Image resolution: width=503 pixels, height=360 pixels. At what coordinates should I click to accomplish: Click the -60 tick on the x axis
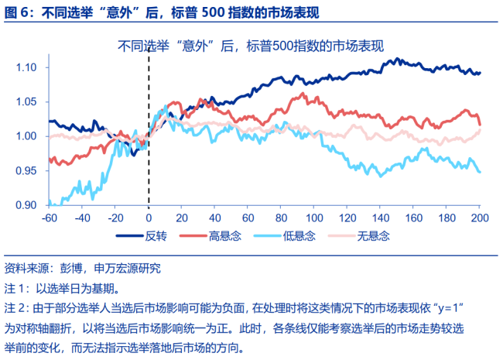pyautogui.click(x=50, y=218)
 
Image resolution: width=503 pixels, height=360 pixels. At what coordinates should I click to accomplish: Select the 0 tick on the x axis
pyautogui.click(x=149, y=218)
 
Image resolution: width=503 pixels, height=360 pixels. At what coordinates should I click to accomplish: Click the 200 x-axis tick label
pyautogui.click(x=478, y=218)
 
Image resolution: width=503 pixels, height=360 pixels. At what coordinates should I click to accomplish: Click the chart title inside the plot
pyautogui.click(x=251, y=46)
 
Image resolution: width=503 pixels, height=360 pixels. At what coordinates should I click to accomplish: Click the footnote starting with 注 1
pyautogui.click(x=62, y=288)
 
